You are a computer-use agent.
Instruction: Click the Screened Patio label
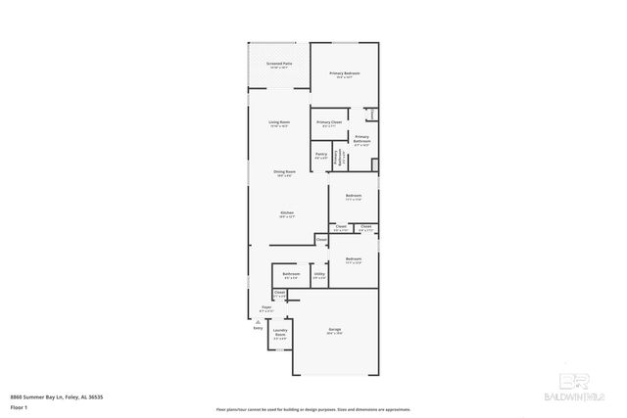(278, 64)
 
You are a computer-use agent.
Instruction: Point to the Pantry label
(320, 155)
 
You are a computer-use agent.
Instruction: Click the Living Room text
(279, 122)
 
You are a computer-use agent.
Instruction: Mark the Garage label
(334, 330)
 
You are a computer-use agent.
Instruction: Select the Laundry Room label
(279, 335)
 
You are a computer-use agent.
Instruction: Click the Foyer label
(265, 307)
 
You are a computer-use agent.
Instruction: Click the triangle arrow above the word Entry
(258, 321)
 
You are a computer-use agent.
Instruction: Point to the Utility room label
(319, 274)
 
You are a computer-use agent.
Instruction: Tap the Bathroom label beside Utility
(291, 274)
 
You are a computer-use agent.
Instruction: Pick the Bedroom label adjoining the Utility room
(353, 259)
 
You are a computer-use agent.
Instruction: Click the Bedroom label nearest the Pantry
(354, 196)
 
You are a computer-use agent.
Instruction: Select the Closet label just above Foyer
(279, 293)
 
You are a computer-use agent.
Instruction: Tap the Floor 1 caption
(19, 406)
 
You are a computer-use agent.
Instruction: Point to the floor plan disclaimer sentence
(313, 409)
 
